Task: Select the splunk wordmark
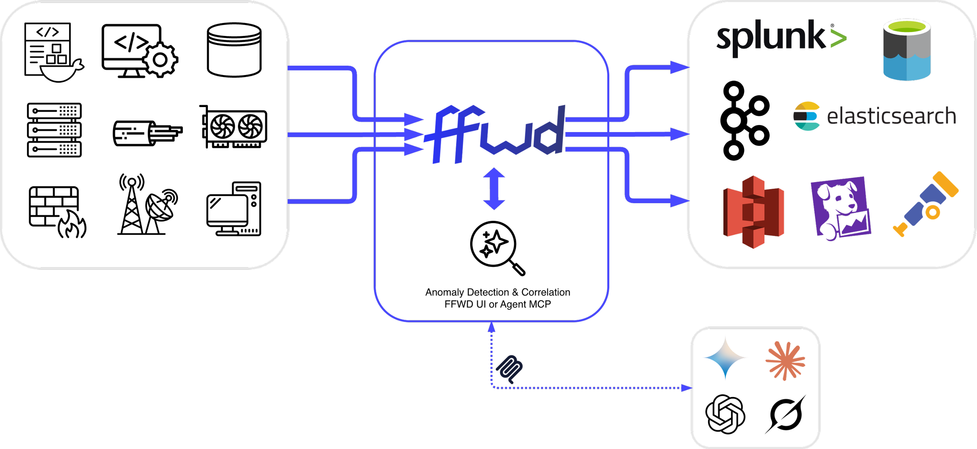772,38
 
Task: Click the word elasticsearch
891,116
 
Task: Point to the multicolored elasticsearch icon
806,116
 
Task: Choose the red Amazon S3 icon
753,212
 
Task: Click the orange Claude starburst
786,361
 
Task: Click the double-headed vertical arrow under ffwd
494,189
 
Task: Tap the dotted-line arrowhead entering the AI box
687,388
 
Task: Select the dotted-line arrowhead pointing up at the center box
492,327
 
